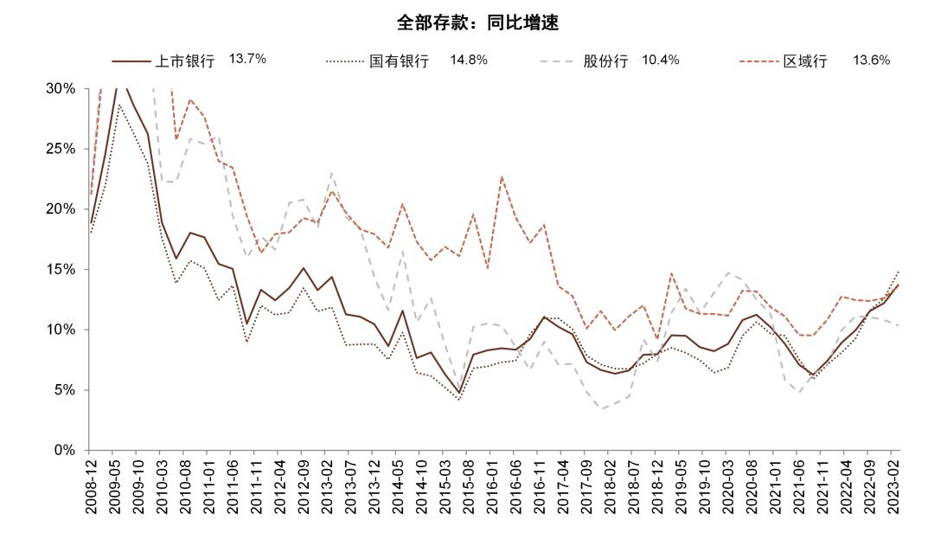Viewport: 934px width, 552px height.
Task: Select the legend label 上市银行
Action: (184, 61)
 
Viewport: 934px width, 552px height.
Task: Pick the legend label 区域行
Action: (805, 61)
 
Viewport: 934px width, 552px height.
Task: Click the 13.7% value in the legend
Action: (247, 60)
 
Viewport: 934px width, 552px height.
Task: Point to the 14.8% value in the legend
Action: (469, 60)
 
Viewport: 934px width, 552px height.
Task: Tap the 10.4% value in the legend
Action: (661, 60)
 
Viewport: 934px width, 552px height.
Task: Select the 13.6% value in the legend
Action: (871, 60)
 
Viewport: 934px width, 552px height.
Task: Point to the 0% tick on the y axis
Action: (64, 450)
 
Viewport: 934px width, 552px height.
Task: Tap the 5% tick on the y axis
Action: (64, 390)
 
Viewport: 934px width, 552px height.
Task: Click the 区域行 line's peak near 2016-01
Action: (502, 177)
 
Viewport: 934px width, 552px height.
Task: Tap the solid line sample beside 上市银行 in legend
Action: (131, 61)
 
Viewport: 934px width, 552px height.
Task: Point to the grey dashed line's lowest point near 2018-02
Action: (602, 408)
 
